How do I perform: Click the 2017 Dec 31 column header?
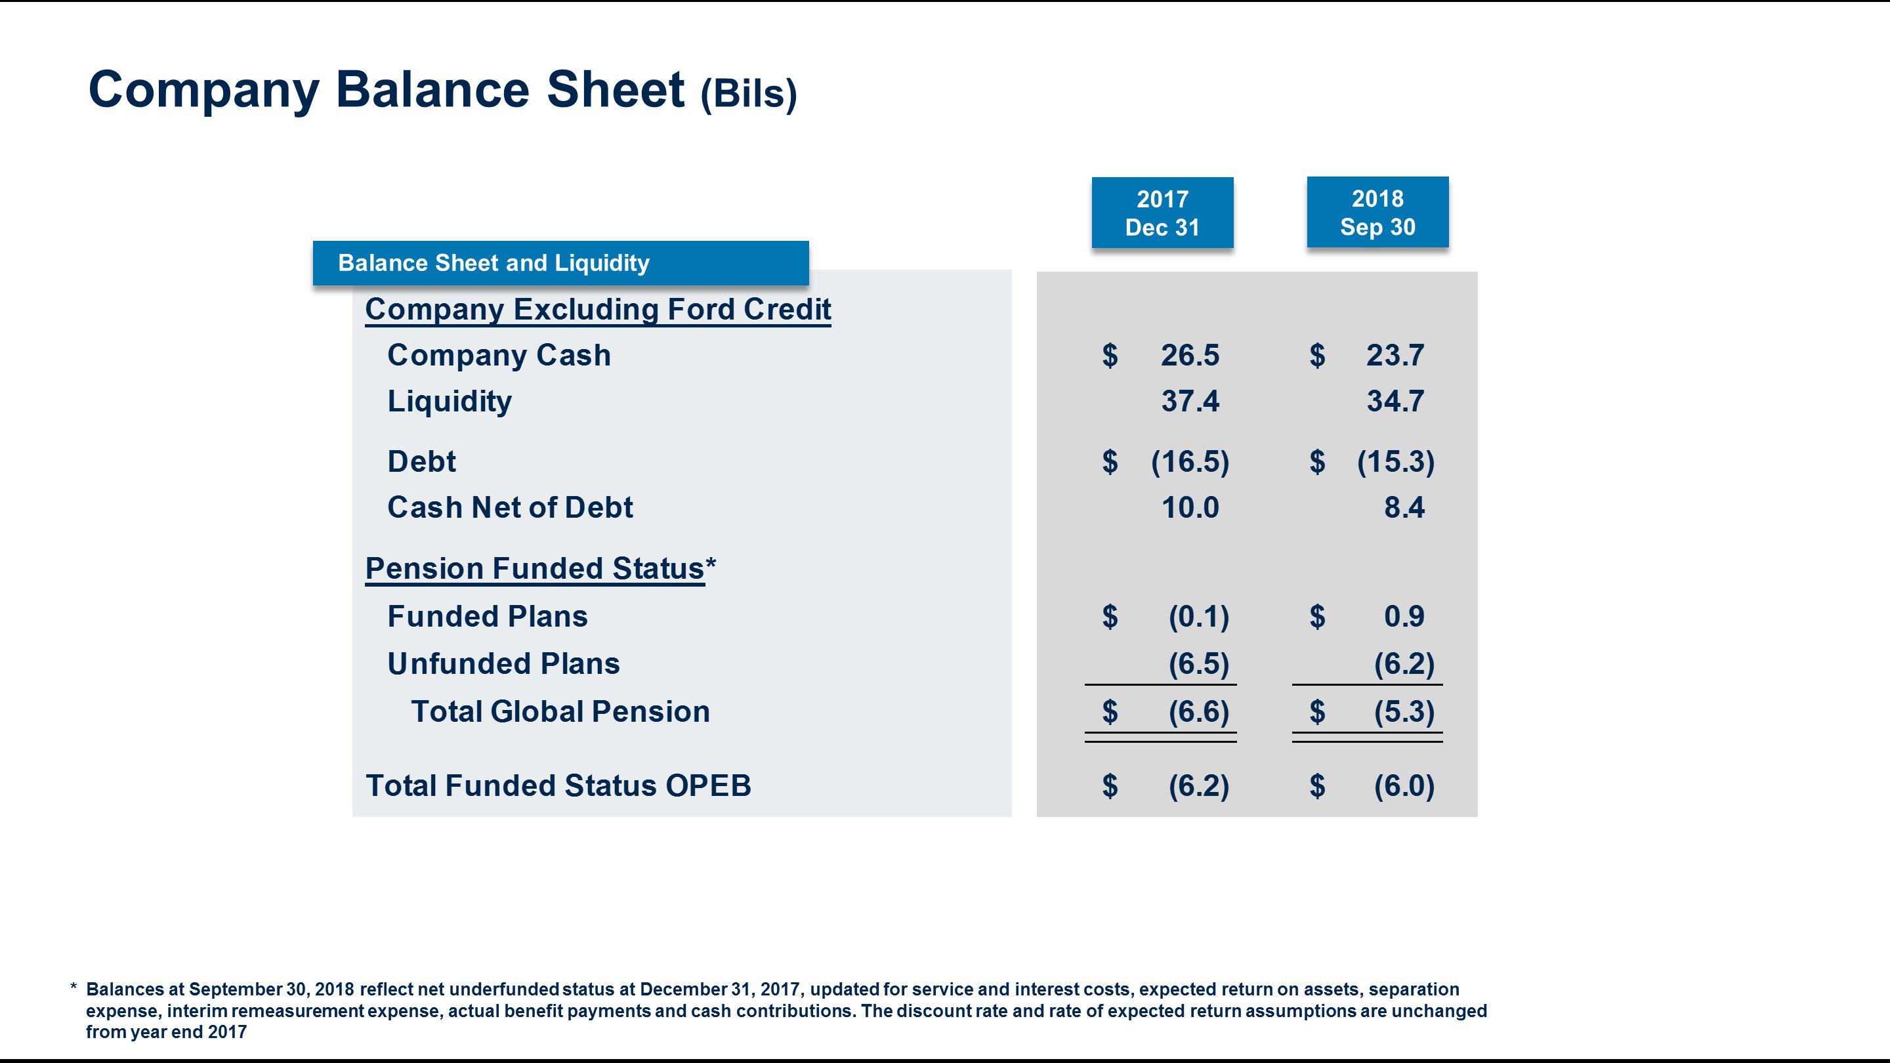click(x=1162, y=213)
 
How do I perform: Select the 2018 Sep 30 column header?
click(x=1377, y=212)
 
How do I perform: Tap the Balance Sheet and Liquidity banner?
click(x=560, y=262)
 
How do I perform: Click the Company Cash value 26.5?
click(x=1189, y=355)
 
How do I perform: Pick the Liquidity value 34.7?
click(x=1395, y=402)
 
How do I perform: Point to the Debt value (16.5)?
click(x=1189, y=461)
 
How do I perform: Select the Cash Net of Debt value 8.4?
click(x=1404, y=508)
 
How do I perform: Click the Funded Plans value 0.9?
click(x=1404, y=616)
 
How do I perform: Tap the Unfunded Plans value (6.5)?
click(x=1198, y=664)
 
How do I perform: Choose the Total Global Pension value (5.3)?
click(x=1404, y=711)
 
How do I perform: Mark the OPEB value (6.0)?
click(x=1404, y=785)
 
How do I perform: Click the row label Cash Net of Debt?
click(x=510, y=508)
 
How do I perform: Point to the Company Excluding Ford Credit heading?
click(x=598, y=309)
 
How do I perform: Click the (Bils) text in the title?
click(x=748, y=94)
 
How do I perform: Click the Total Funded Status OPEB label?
click(x=558, y=785)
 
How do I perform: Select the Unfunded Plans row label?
click(x=503, y=664)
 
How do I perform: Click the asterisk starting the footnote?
click(x=73, y=988)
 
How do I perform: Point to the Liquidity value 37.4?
click(x=1189, y=402)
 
